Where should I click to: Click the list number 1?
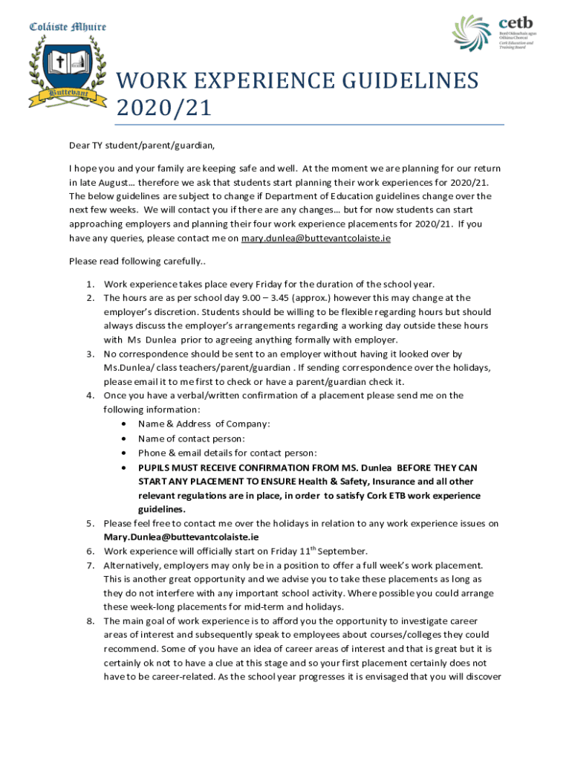[88, 284]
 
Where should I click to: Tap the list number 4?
[88, 395]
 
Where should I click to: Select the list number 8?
[88, 621]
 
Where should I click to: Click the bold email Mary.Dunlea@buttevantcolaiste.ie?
[181, 537]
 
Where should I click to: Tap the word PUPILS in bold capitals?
[155, 467]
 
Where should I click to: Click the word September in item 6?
[342, 551]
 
